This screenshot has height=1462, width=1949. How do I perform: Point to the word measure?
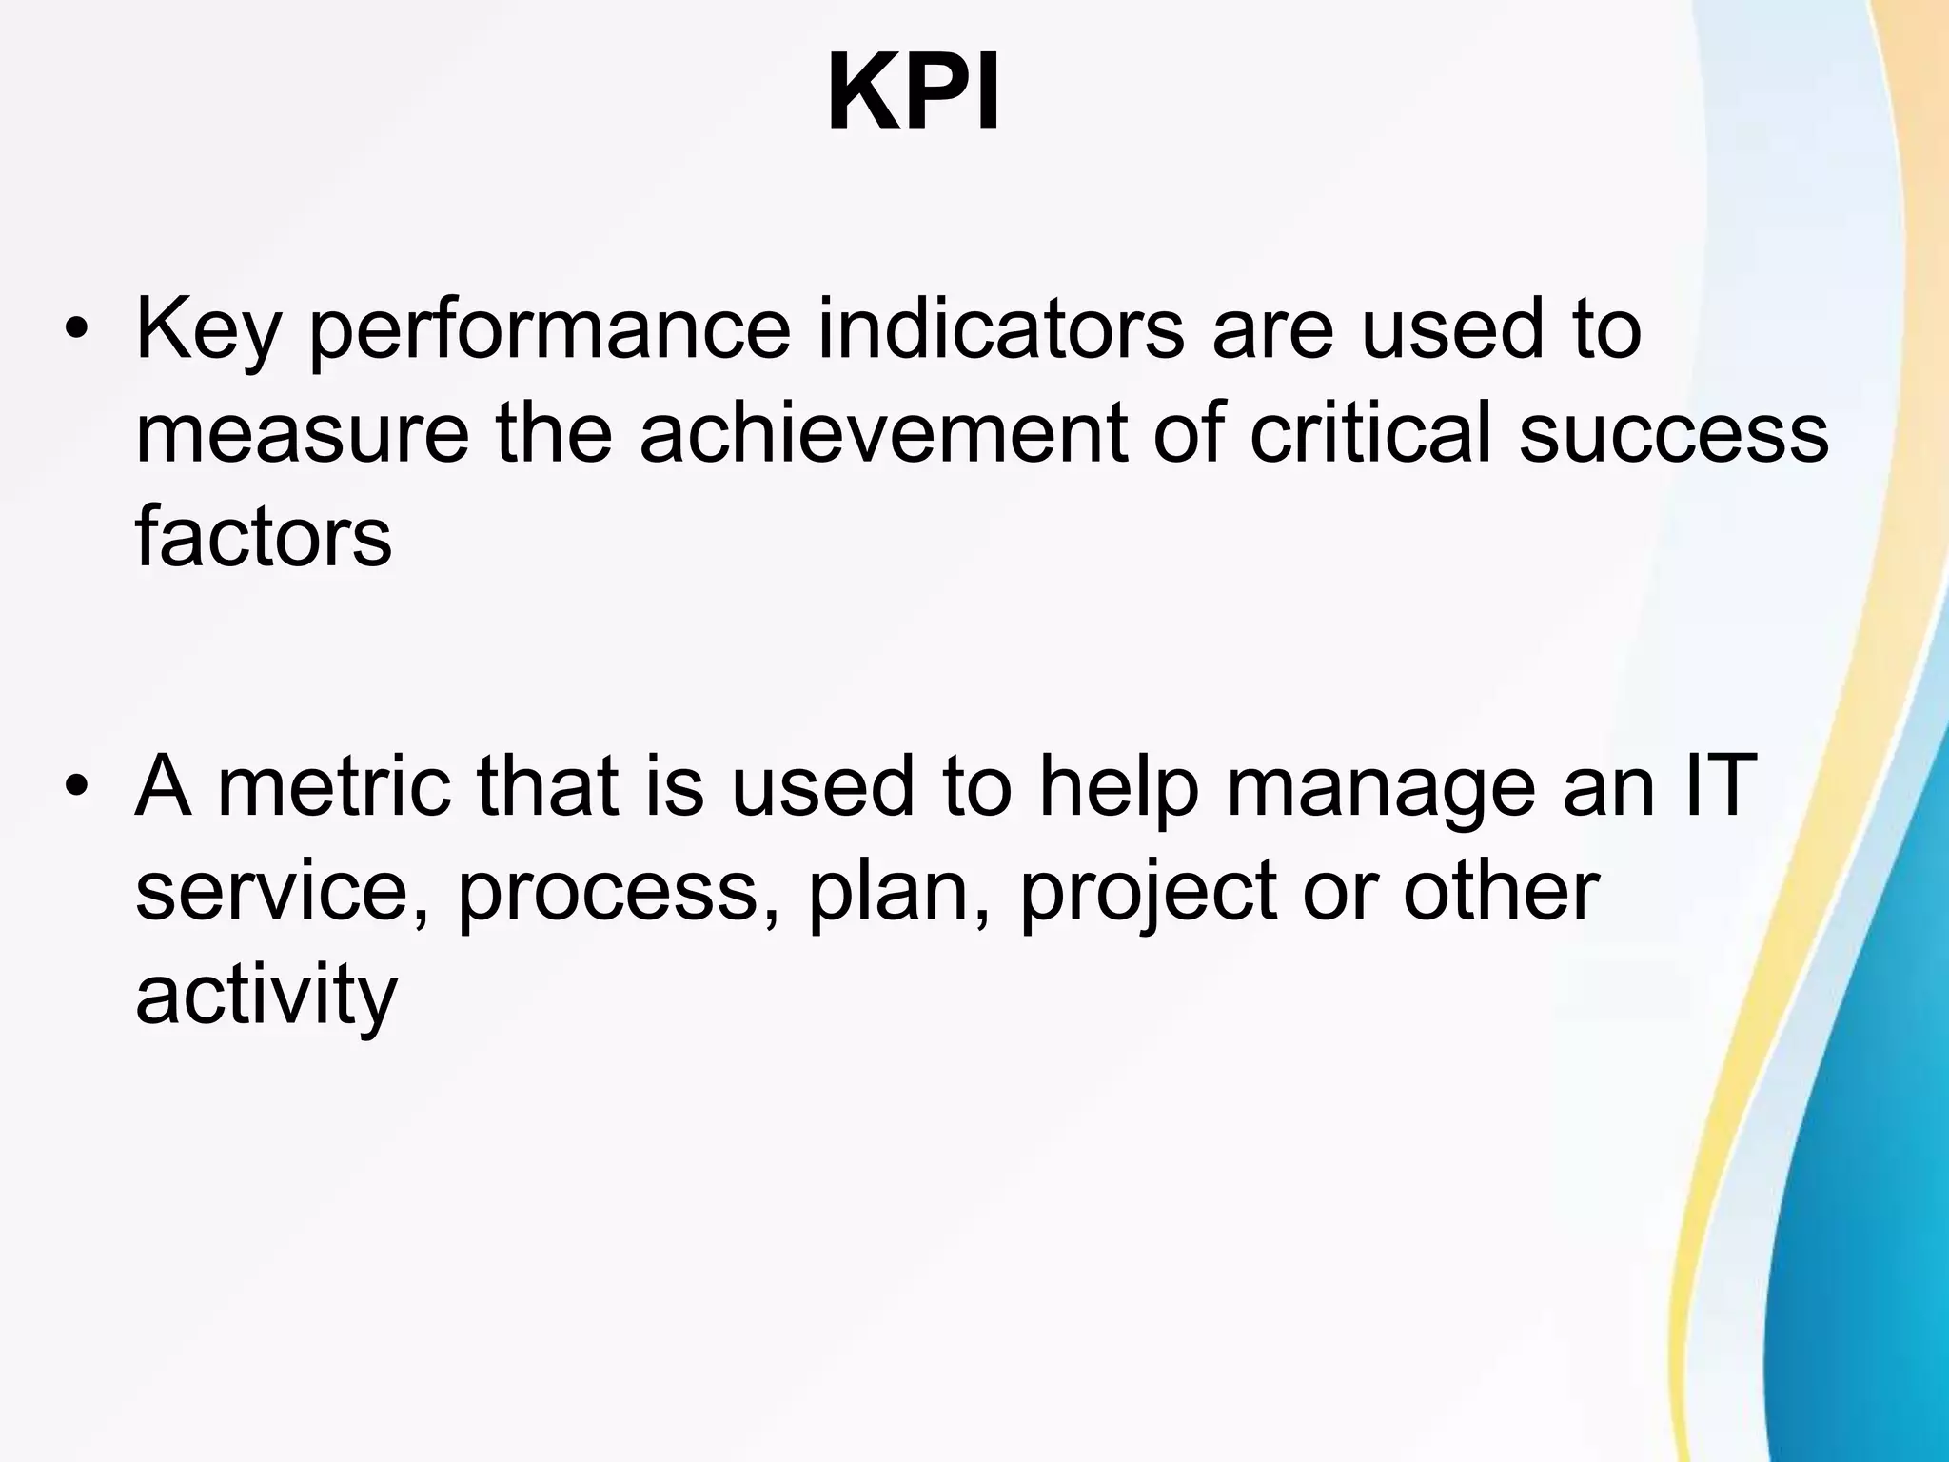click(x=302, y=434)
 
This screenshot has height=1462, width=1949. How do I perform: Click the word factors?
click(x=264, y=535)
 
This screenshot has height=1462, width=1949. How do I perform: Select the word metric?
click(x=334, y=786)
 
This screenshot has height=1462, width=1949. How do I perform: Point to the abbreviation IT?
click(x=1705, y=785)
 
